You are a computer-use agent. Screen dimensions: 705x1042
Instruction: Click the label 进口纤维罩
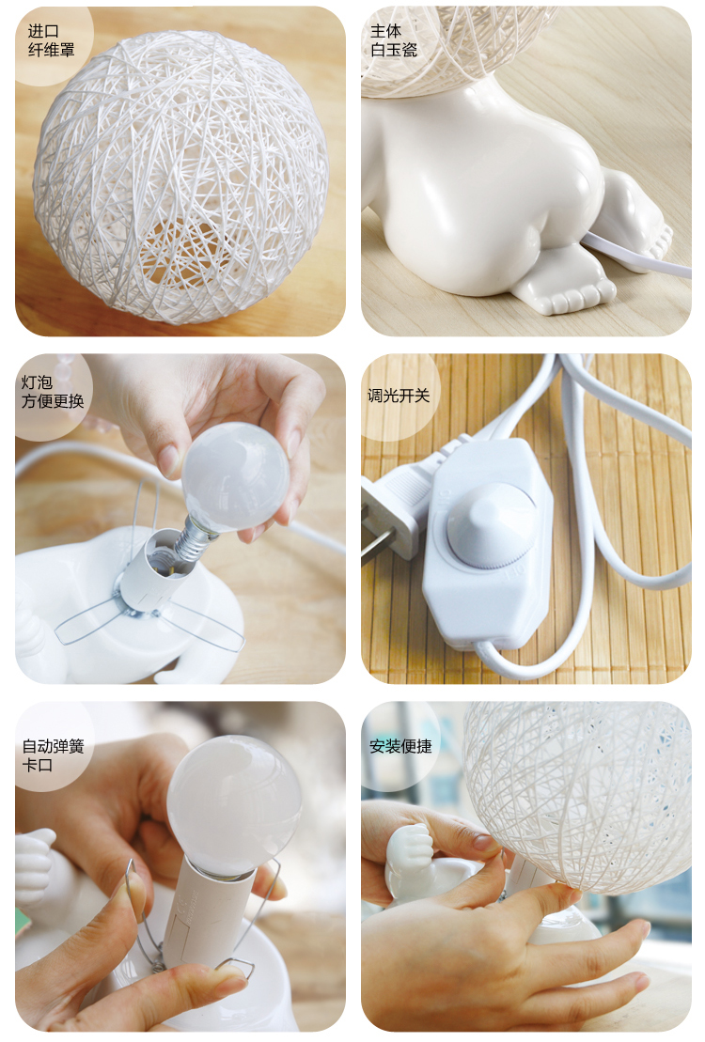(x=51, y=39)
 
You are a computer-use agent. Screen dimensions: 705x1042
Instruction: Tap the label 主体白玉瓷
(x=394, y=39)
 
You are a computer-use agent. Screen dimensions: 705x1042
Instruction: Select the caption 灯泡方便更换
(x=53, y=392)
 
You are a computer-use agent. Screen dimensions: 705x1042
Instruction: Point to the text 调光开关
(x=399, y=396)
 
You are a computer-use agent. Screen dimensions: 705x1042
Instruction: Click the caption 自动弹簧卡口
(x=53, y=754)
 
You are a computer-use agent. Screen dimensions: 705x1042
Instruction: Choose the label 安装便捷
(x=400, y=746)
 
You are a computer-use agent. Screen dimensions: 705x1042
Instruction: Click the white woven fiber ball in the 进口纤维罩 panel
(x=180, y=177)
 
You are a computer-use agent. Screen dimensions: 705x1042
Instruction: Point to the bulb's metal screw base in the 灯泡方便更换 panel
(x=193, y=537)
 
